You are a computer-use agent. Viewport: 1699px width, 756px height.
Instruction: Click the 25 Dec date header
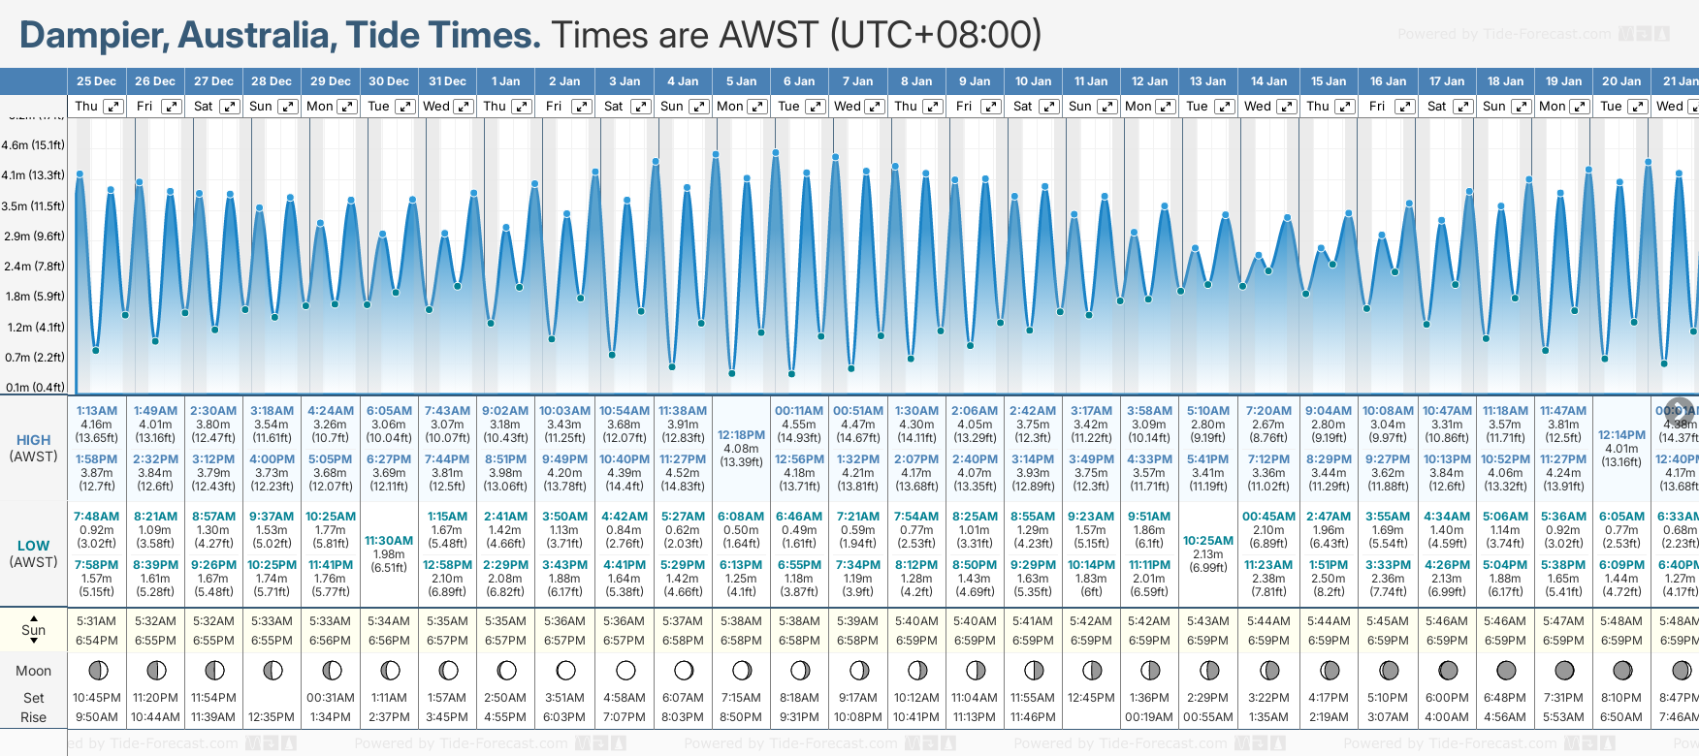tap(96, 81)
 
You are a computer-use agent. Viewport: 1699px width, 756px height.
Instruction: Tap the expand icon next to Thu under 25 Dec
tap(112, 107)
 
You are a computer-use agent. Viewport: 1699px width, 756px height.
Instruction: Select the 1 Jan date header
tap(505, 81)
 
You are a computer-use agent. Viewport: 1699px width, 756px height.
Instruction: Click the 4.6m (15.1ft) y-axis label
tap(33, 145)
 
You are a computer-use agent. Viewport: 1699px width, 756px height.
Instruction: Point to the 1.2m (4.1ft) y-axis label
tap(33, 328)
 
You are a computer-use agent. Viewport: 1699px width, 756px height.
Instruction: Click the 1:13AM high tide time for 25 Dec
tap(97, 411)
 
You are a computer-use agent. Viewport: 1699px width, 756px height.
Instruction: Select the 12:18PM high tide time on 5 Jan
tap(741, 435)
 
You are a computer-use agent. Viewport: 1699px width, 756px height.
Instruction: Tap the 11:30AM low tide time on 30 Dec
tap(389, 541)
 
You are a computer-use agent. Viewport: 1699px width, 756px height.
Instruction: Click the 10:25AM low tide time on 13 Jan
tap(1208, 541)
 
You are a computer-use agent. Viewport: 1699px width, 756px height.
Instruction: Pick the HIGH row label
tap(33, 440)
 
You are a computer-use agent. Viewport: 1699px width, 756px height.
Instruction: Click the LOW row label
tap(33, 546)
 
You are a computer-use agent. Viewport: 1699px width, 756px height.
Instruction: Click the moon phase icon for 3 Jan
tap(625, 670)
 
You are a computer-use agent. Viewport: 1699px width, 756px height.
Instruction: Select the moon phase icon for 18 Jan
tap(1506, 670)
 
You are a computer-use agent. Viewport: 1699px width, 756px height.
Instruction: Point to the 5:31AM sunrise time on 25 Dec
tap(97, 621)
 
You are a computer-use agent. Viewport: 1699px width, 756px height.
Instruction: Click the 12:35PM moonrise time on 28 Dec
tap(272, 717)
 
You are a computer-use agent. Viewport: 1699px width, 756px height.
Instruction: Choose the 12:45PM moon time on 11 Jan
tap(1091, 698)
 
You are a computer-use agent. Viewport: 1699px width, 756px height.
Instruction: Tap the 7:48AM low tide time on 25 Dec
tap(97, 517)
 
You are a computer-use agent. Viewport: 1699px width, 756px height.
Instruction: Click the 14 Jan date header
tap(1268, 81)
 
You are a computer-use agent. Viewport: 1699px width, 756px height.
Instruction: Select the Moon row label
tap(33, 671)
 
